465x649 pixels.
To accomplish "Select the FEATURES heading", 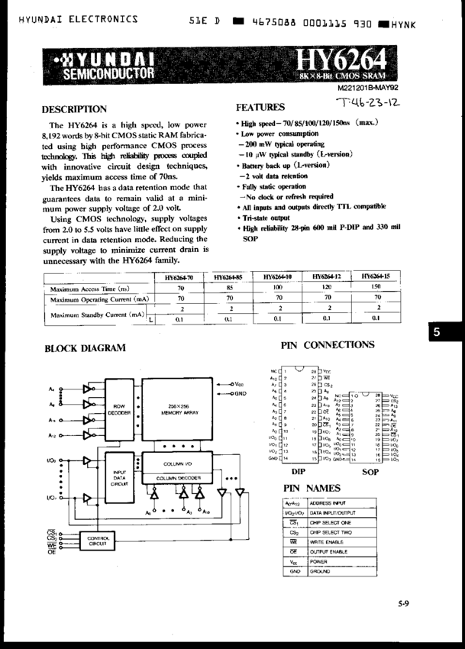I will [260, 107].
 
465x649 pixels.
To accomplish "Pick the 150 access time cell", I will [376, 288].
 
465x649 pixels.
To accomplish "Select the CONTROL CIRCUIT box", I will [97, 541].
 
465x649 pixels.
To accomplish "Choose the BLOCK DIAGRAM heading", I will [85, 348].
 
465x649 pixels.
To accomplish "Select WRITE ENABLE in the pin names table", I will [328, 539].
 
